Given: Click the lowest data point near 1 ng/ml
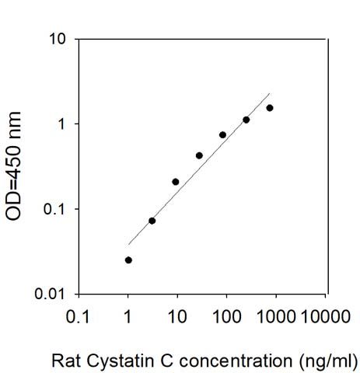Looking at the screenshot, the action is (128, 260).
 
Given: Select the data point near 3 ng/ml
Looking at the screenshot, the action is (152, 221).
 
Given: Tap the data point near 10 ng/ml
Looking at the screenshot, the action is (176, 182).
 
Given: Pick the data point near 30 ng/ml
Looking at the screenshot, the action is (199, 155).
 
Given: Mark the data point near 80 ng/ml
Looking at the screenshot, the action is (222, 134).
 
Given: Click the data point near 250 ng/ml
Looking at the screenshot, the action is (246, 120).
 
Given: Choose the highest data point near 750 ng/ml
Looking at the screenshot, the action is (270, 108).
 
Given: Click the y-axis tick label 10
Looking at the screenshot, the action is (57, 40).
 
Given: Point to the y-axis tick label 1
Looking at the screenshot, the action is (61, 124).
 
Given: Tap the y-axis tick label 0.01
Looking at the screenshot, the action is (49, 294).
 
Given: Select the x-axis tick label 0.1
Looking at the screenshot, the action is (78, 316).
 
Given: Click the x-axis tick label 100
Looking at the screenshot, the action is (227, 316).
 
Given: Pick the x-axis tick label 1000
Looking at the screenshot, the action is (276, 316).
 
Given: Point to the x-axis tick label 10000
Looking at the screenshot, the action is (326, 316).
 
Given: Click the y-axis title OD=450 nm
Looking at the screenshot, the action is (13, 166).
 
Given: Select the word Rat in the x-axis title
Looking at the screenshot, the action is (67, 361).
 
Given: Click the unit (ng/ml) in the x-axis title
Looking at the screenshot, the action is (328, 361).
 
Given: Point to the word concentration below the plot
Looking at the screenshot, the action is (236, 361).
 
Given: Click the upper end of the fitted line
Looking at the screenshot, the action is (270, 93).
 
